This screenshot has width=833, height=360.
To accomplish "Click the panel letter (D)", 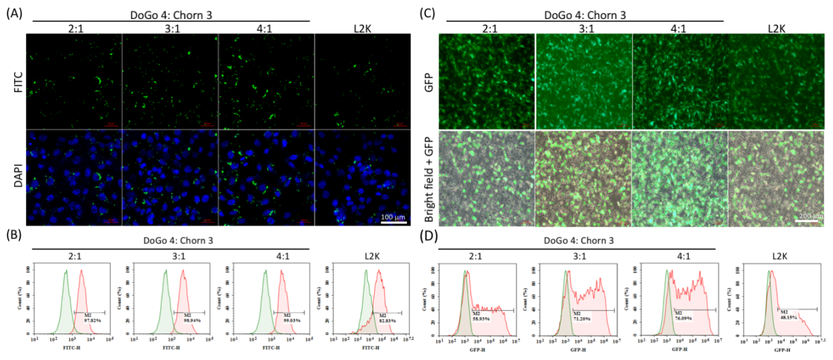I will click(429, 236).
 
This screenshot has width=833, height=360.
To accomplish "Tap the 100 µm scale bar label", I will click(393, 217).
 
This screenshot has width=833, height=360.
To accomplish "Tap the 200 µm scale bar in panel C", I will click(806, 221).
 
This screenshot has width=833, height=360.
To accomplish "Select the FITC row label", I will click(19, 82).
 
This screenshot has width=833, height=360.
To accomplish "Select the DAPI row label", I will click(19, 176).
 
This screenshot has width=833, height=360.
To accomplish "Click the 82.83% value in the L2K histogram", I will click(388, 321).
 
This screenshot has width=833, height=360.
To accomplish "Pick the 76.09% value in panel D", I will click(683, 319).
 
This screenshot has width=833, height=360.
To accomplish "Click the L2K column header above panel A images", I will click(363, 29).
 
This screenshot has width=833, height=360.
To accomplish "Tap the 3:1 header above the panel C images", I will click(586, 29).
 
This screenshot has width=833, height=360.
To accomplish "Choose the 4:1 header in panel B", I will click(283, 256).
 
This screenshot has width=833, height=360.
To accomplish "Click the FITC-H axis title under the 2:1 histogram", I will click(71, 348).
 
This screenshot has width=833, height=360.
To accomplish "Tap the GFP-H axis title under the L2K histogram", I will click(782, 350).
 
